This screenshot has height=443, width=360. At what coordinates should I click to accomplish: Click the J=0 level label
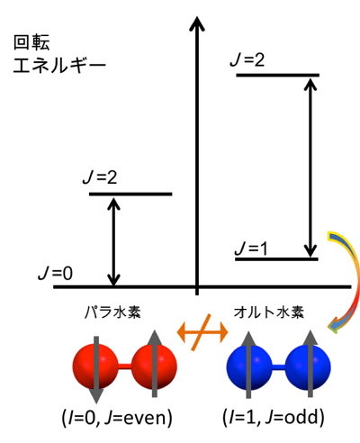click(x=56, y=273)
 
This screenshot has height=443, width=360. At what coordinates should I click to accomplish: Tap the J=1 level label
click(x=251, y=249)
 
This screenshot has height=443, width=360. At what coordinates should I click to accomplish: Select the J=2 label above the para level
click(x=100, y=177)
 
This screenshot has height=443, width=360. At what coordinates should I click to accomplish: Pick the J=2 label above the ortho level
click(x=247, y=59)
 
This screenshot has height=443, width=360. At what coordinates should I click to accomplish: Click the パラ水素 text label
click(x=112, y=312)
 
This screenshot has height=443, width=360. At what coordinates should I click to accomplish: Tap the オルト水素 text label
click(x=269, y=312)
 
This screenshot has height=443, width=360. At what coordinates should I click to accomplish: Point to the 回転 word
click(x=31, y=42)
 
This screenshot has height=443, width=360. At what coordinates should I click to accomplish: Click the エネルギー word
click(x=59, y=66)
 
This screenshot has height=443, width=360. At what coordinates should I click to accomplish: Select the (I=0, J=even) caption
click(x=117, y=418)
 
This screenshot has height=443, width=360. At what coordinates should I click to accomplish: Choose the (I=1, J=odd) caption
click(x=274, y=417)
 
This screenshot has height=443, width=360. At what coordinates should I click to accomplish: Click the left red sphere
click(x=95, y=366)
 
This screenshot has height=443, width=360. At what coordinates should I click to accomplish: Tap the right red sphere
click(x=154, y=366)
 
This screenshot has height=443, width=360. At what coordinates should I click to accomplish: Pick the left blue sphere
click(x=249, y=367)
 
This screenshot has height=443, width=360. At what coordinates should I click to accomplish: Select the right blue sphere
click(x=308, y=367)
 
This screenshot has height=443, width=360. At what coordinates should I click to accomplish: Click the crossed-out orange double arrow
click(x=202, y=332)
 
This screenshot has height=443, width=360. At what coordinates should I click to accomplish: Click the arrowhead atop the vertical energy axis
click(x=197, y=23)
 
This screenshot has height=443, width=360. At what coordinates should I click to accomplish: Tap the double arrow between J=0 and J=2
click(x=113, y=241)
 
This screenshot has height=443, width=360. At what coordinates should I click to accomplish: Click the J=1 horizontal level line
click(x=276, y=258)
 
